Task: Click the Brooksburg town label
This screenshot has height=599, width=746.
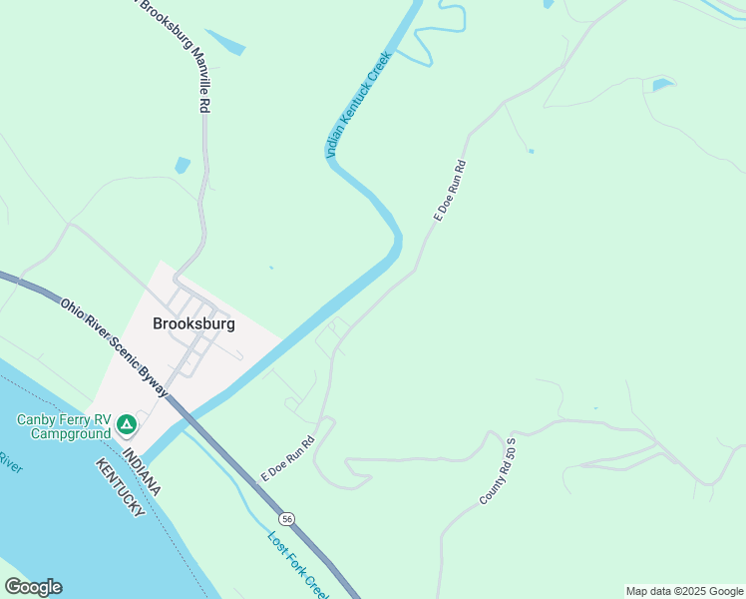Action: [x=193, y=323]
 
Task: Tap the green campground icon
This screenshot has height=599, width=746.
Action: [x=127, y=425]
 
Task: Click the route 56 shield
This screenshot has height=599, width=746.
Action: [x=287, y=519]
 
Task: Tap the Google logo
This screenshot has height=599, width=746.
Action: [x=33, y=587]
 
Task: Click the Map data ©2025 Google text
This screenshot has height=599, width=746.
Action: [x=684, y=591]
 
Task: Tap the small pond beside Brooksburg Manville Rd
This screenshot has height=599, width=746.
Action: [x=182, y=165]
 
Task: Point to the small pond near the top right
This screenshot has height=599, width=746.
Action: [x=662, y=85]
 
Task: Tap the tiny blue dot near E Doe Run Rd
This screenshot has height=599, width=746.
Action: [x=531, y=151]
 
